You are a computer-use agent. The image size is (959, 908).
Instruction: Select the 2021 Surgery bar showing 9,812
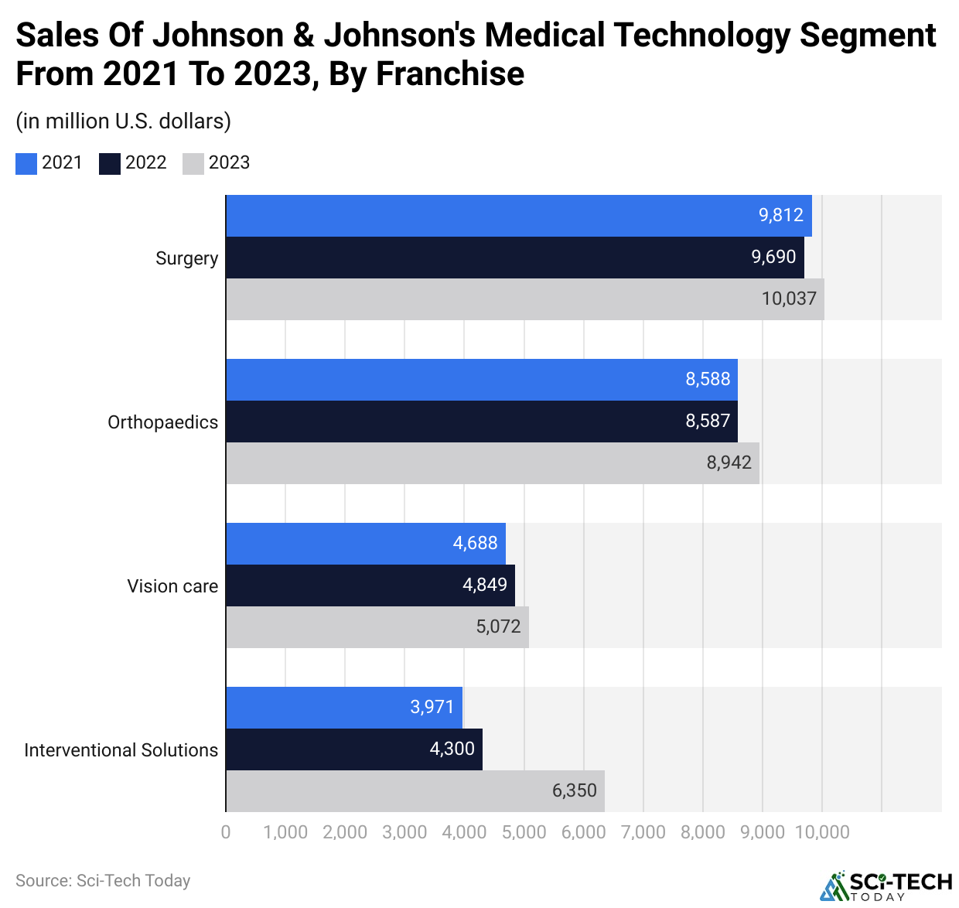pyautogui.click(x=518, y=216)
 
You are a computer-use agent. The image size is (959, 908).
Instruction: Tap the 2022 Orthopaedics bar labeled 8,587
pyautogui.click(x=481, y=422)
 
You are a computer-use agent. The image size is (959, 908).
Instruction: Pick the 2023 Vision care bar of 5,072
pyautogui.click(x=377, y=627)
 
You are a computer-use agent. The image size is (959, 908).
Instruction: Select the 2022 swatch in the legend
pyautogui.click(x=110, y=163)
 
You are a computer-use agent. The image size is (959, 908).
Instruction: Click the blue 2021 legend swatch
pyautogui.click(x=26, y=163)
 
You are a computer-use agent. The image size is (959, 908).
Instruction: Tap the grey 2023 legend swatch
pyautogui.click(x=193, y=163)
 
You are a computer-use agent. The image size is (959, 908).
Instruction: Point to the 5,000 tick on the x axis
pyautogui.click(x=524, y=832)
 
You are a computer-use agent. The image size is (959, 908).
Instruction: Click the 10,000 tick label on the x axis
pyautogui.click(x=822, y=832)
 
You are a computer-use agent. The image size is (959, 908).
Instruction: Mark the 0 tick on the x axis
pyautogui.click(x=226, y=832)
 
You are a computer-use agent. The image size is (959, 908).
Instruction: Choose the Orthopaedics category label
pyautogui.click(x=162, y=422)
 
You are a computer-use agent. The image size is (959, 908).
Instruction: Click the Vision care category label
pyautogui.click(x=172, y=586)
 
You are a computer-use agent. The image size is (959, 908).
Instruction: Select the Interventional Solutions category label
pyautogui.click(x=121, y=750)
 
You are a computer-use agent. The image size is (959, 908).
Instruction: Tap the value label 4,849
pyautogui.click(x=485, y=585)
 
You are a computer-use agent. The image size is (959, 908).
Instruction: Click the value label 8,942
pyautogui.click(x=729, y=463)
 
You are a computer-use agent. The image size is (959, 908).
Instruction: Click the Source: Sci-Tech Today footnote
pyautogui.click(x=103, y=881)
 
